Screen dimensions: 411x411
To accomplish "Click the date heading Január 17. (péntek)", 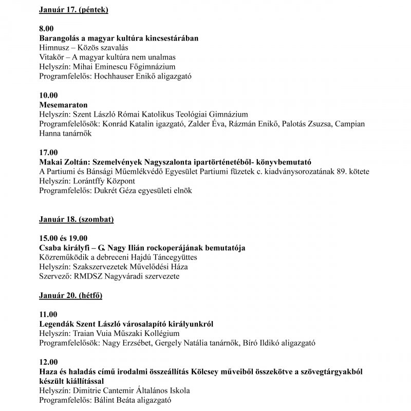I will [77, 9].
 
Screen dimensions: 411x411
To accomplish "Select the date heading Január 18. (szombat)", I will [77, 219].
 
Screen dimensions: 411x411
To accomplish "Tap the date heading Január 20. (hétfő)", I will [73, 295].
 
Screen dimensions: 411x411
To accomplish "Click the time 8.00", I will [46, 29].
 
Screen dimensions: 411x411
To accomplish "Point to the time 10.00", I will [49, 95].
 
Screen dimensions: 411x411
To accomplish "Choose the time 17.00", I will [49, 152].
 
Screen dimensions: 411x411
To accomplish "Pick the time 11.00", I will [49, 314].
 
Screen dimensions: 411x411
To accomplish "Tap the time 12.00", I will [49, 362].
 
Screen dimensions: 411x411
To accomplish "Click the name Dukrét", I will [106, 190].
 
